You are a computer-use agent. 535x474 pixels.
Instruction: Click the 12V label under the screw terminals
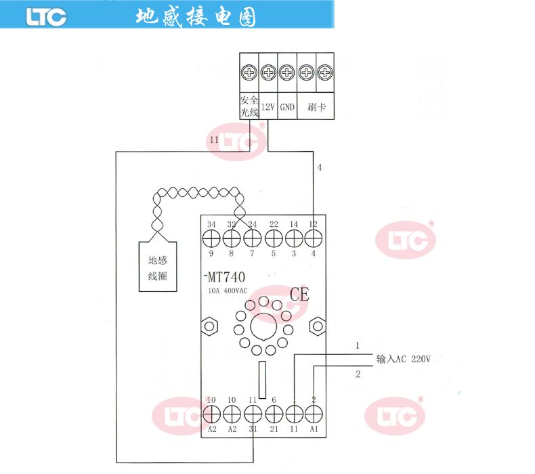(268, 107)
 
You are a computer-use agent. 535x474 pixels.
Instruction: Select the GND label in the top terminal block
(287, 107)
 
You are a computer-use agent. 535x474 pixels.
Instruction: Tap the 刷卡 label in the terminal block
(316, 107)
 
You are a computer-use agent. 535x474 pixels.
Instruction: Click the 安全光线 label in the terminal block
(249, 107)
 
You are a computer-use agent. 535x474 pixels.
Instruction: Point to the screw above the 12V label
(268, 72)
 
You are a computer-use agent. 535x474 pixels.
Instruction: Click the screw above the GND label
(287, 72)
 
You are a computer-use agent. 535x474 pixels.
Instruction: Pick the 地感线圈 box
(158, 267)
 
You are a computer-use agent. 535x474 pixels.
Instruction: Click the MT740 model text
(227, 277)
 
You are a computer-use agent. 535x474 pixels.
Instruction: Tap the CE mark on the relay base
(299, 295)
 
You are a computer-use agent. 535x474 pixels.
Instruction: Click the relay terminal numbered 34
(211, 238)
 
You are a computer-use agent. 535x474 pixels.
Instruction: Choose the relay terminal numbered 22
(274, 238)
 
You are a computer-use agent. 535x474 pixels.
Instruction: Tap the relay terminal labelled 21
(274, 412)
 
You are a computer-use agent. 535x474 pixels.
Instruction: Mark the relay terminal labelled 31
(253, 412)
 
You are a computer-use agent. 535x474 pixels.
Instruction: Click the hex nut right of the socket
(316, 326)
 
